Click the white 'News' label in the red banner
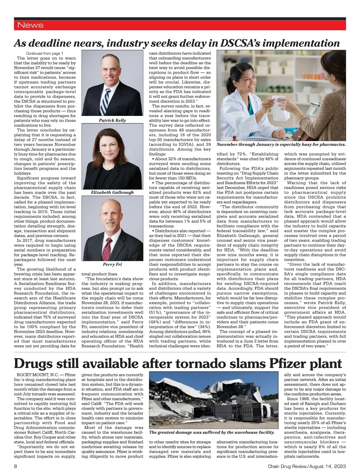click(30, 25)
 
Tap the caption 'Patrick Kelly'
click(112, 120)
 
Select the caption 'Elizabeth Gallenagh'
click(112, 192)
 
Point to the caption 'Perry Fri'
click(112, 265)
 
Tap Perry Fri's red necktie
click(106, 249)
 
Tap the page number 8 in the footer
click(16, 467)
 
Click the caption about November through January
click(281, 144)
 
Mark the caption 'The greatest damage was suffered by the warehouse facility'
click(212, 432)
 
